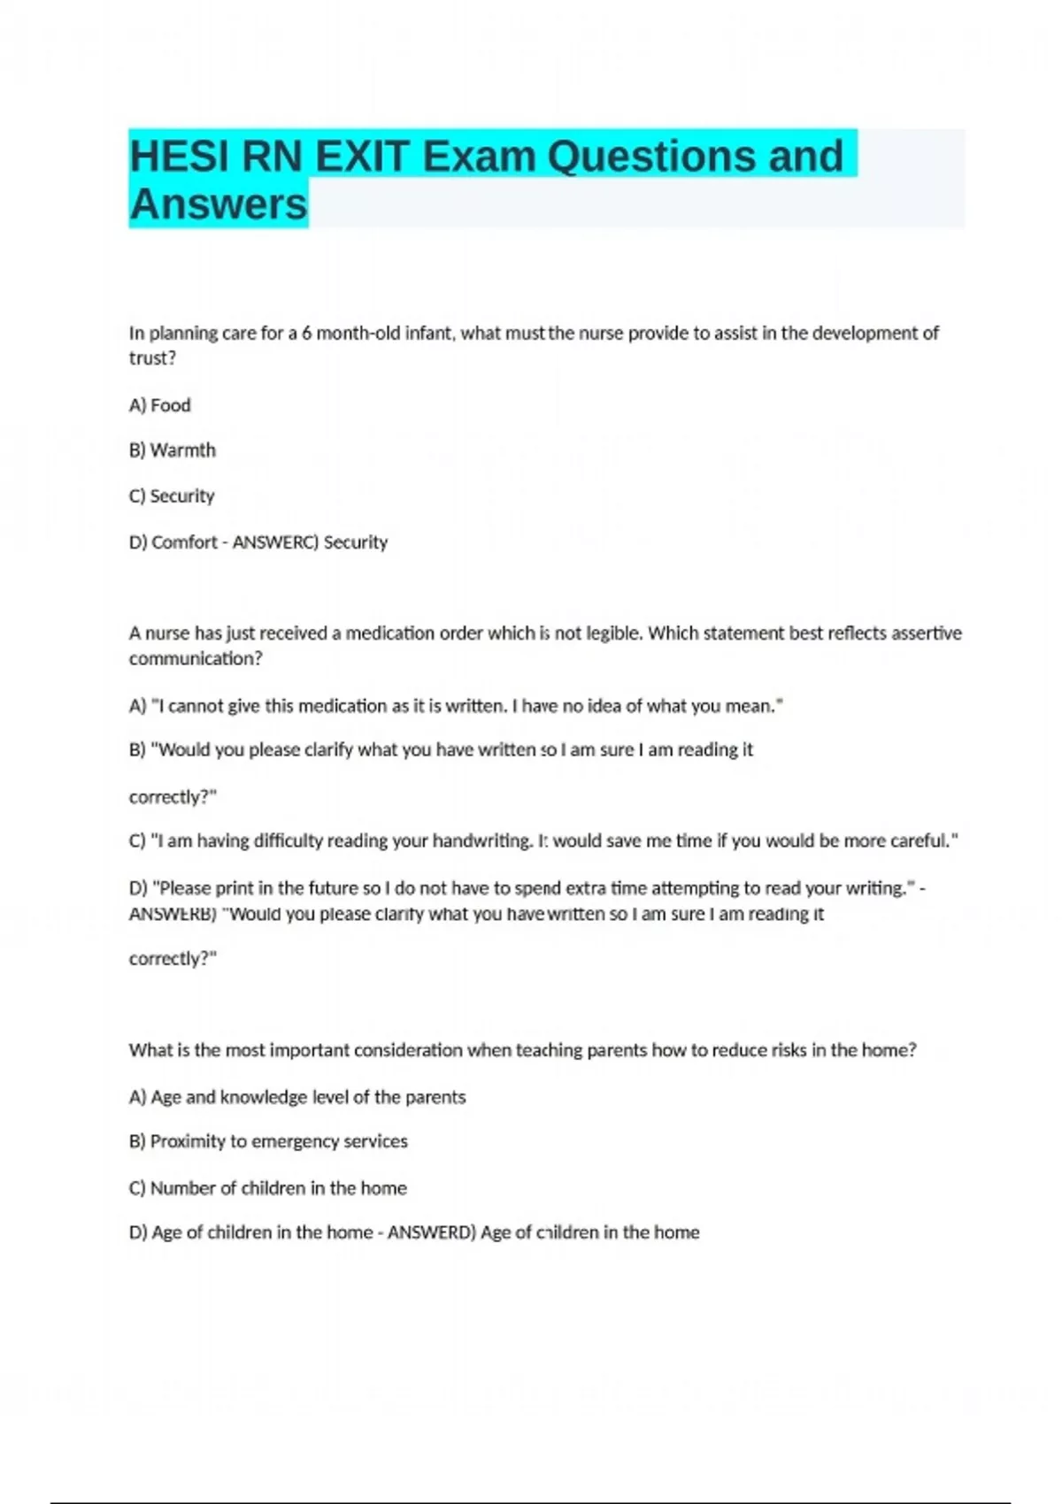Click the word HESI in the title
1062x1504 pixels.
pyautogui.click(x=180, y=157)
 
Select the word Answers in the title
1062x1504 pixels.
pyautogui.click(x=219, y=204)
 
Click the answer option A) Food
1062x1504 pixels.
pyautogui.click(x=160, y=405)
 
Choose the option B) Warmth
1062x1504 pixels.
pyautogui.click(x=173, y=450)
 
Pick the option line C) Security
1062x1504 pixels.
pyautogui.click(x=172, y=496)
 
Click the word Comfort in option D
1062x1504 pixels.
pyautogui.click(x=184, y=542)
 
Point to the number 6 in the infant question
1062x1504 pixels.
pyautogui.click(x=306, y=334)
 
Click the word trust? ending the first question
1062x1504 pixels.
pyautogui.click(x=152, y=358)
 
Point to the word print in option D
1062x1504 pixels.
pyautogui.click(x=234, y=888)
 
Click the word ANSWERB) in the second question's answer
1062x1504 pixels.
pyautogui.click(x=173, y=914)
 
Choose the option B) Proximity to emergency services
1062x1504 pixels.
pyautogui.click(x=268, y=1141)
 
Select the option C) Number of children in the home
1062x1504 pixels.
pyautogui.click(x=268, y=1188)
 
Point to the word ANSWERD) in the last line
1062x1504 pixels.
pyautogui.click(x=432, y=1232)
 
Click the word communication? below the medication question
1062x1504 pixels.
pyautogui.click(x=196, y=659)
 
